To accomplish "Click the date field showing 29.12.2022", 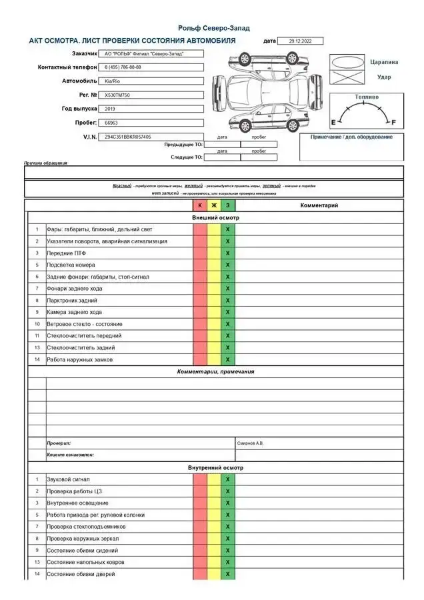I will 299,41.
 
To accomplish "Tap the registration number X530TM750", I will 118,95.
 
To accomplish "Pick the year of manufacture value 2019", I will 111,109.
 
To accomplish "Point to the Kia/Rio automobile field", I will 113,81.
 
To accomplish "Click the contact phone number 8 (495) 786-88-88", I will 123,67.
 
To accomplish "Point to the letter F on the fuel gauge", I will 393,123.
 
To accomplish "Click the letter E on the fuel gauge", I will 333,123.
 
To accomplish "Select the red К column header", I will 200,205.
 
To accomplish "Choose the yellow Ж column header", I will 214,205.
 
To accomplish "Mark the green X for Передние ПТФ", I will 228,253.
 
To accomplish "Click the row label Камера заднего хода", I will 74,312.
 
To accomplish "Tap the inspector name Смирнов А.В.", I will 251,443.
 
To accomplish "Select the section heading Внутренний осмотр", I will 215,468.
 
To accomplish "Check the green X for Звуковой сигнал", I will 228,479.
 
